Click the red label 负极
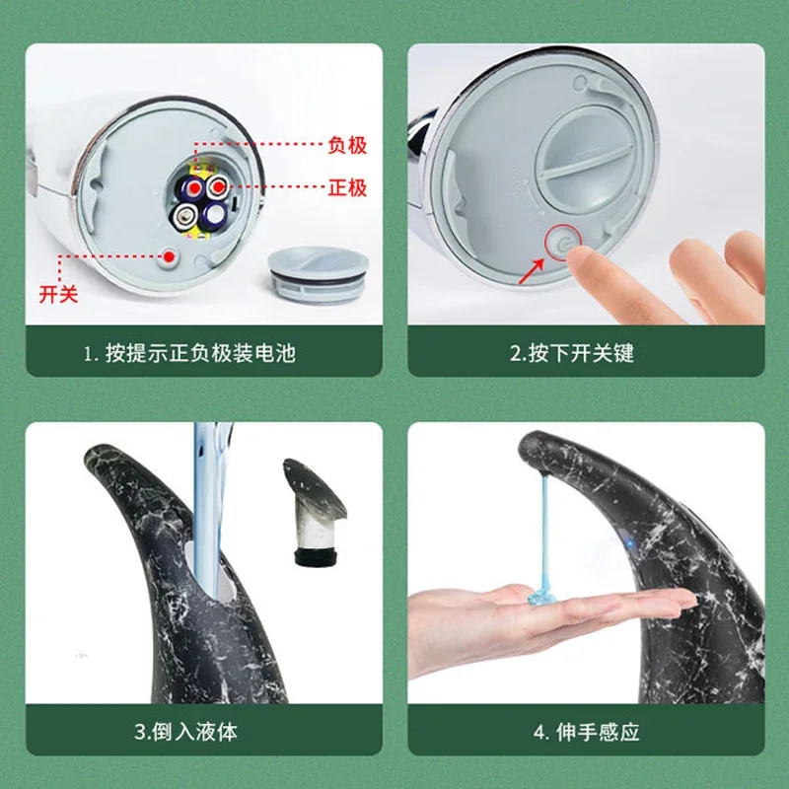[x=347, y=145]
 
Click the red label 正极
[x=347, y=187]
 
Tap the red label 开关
[x=58, y=294]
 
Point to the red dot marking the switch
[x=169, y=256]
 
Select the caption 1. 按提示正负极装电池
[x=189, y=353]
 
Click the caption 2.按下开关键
[x=572, y=353]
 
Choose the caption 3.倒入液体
[x=185, y=732]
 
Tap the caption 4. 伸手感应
[x=586, y=732]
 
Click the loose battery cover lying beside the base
[x=318, y=275]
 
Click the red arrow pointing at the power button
[x=532, y=270]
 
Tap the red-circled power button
[x=563, y=243]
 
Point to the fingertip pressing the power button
[x=580, y=256]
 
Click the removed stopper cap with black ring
[x=315, y=513]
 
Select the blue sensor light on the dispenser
[x=629, y=543]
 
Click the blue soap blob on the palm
[x=541, y=598]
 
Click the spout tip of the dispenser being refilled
[x=95, y=455]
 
